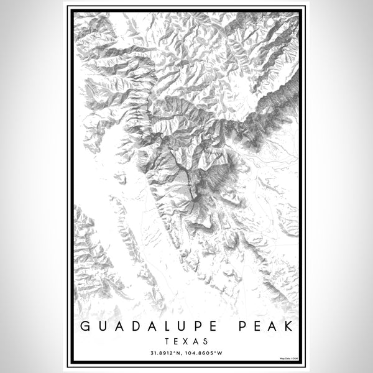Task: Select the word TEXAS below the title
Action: click(x=186, y=341)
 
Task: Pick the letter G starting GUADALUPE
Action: click(x=85, y=326)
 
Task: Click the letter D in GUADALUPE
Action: click(x=137, y=326)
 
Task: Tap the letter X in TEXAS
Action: click(x=186, y=341)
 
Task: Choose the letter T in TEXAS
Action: click(x=168, y=341)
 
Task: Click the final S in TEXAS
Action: click(x=205, y=341)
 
